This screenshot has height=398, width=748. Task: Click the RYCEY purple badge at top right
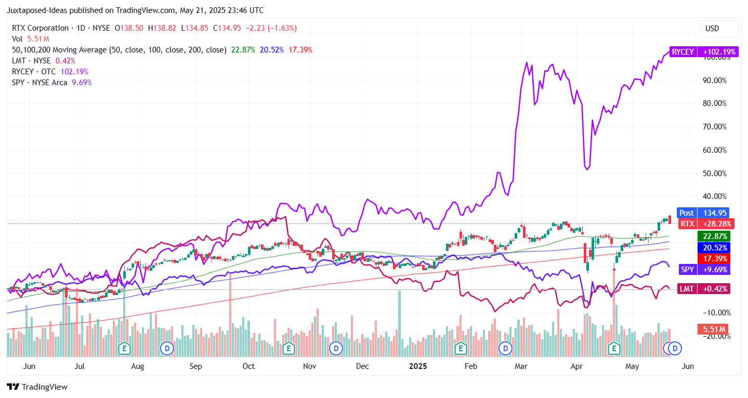pyautogui.click(x=700, y=52)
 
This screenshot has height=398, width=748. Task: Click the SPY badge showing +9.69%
pyautogui.click(x=704, y=270)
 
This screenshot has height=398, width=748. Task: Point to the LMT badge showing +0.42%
pyautogui.click(x=704, y=288)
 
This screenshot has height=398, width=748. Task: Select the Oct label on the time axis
pyautogui.click(x=248, y=366)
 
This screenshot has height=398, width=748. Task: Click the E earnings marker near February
pyautogui.click(x=460, y=348)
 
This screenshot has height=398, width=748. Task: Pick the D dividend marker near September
pyautogui.click(x=167, y=348)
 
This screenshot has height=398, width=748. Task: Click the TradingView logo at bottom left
pyautogui.click(x=37, y=387)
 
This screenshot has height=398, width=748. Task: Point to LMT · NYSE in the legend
pyautogui.click(x=31, y=61)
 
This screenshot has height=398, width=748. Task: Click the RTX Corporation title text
pyautogui.click(x=40, y=28)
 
